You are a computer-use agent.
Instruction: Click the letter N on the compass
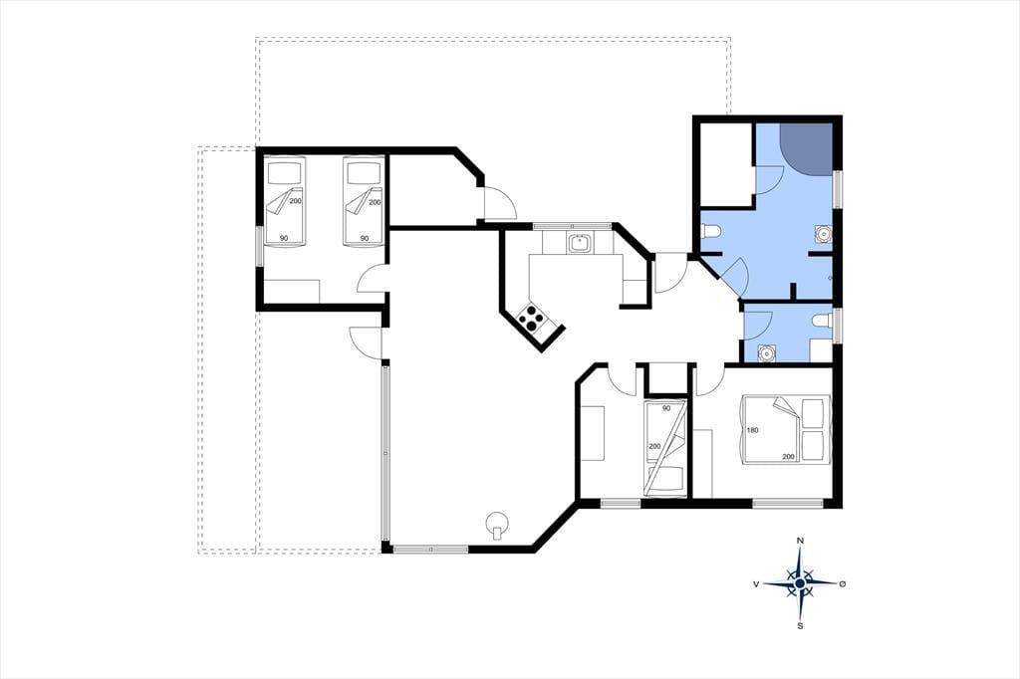(x=801, y=541)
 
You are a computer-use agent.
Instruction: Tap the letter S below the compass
(x=801, y=626)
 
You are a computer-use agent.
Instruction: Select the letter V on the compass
(x=757, y=584)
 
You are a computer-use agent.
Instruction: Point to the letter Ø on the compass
(x=843, y=584)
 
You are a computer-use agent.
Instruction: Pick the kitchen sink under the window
(x=579, y=244)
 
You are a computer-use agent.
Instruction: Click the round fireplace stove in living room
(x=498, y=524)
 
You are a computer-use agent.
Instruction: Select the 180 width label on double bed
(x=753, y=430)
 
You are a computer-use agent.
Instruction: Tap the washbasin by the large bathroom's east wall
(x=824, y=234)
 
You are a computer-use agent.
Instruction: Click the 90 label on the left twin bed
(x=284, y=238)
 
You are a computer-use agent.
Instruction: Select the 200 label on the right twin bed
(x=375, y=202)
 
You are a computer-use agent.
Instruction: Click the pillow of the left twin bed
(x=286, y=172)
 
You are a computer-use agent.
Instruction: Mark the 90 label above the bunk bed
(x=665, y=408)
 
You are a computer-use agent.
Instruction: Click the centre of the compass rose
(x=800, y=583)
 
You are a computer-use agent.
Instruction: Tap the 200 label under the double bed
(x=788, y=456)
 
